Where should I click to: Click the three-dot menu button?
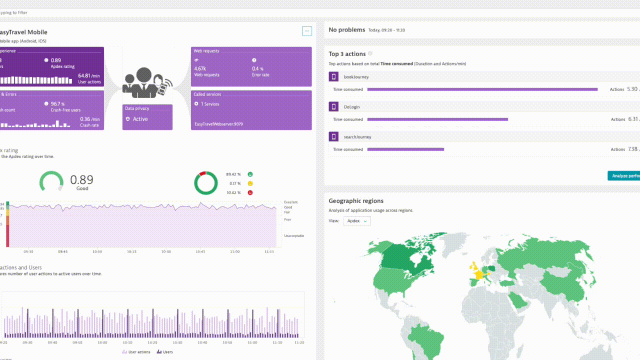(306, 31)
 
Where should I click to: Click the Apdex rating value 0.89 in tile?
(56, 60)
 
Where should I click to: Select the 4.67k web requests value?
(200, 68)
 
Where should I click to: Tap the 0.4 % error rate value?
(257, 68)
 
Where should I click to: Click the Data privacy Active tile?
(147, 117)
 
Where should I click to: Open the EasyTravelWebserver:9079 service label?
(218, 124)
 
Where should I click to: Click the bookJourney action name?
(356, 77)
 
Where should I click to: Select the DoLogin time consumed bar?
(437, 119)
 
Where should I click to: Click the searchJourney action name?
(357, 137)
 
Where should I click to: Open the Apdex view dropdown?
(357, 221)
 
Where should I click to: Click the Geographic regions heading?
(356, 201)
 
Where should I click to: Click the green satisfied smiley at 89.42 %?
(250, 174)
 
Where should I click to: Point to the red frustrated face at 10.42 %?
(250, 192)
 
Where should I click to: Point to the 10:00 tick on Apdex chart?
(97, 252)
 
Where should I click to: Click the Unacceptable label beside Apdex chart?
(294, 235)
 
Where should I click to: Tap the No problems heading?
(346, 30)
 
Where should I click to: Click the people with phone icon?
(147, 82)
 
